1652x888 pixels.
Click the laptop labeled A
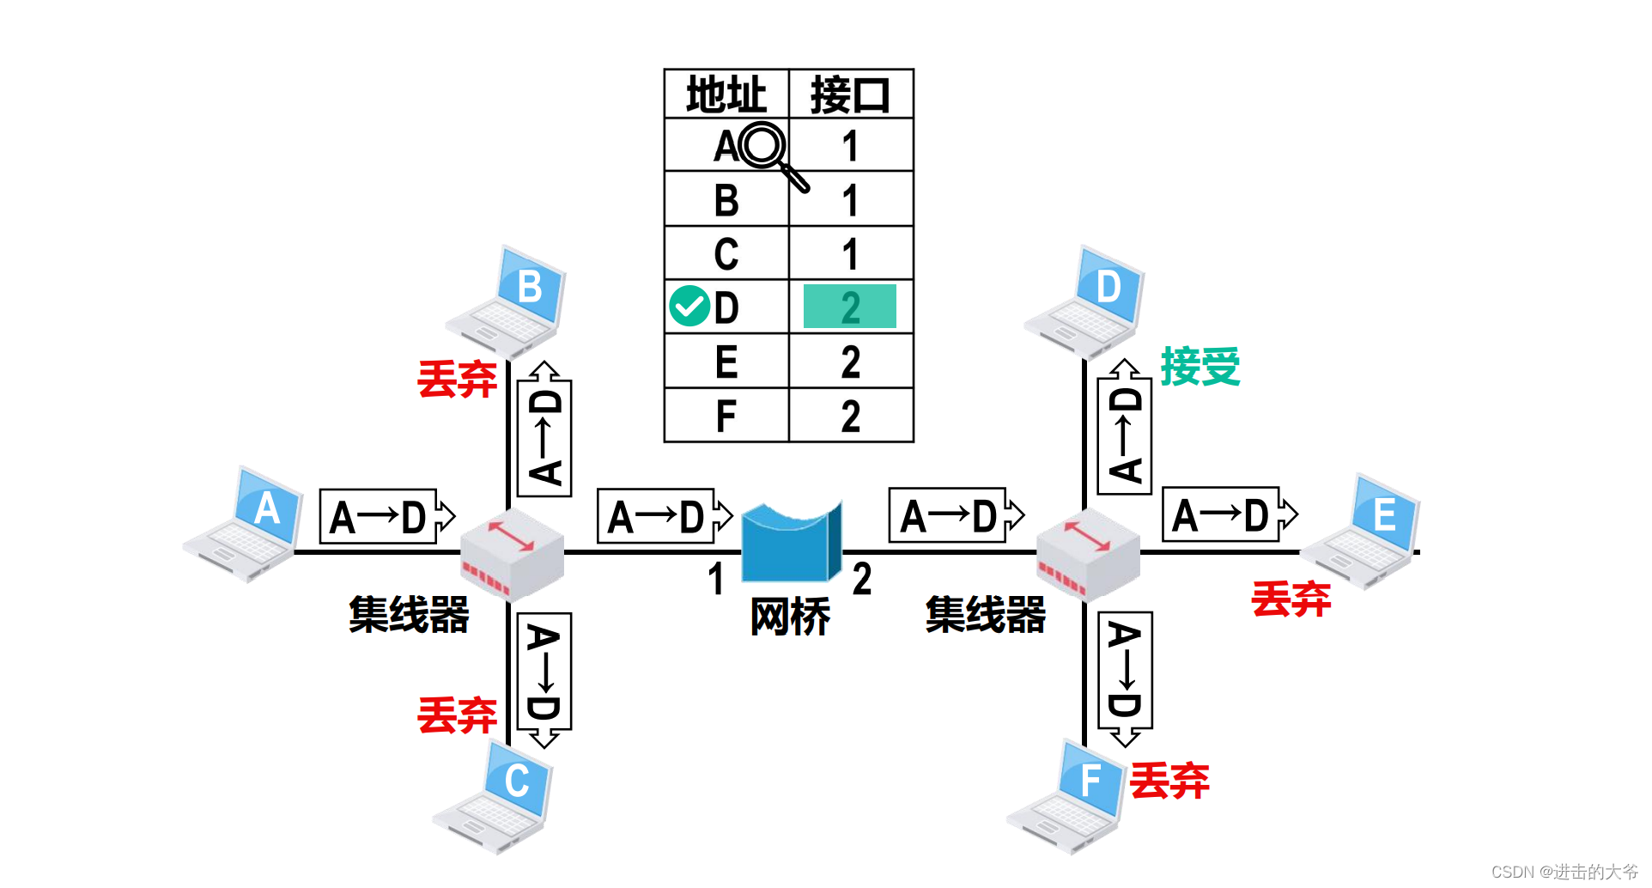(245, 524)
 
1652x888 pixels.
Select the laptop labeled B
(508, 301)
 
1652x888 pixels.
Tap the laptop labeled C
(495, 796)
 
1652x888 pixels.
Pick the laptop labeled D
(1087, 301)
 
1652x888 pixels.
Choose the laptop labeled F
(1068, 796)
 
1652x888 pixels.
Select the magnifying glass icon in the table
(771, 153)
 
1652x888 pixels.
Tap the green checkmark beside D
(689, 307)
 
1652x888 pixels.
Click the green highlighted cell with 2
(849, 307)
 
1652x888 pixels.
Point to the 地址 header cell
(726, 94)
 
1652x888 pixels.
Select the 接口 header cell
(850, 94)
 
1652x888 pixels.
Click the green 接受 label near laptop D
(1200, 367)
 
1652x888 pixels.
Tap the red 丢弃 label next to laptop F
(1169, 781)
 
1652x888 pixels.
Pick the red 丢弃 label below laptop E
(1291, 599)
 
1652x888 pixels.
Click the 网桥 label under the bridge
(790, 617)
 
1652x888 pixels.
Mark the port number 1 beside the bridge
(716, 579)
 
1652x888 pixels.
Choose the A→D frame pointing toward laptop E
(1229, 515)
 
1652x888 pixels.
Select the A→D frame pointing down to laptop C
(544, 678)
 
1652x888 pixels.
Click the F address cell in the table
(726, 417)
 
